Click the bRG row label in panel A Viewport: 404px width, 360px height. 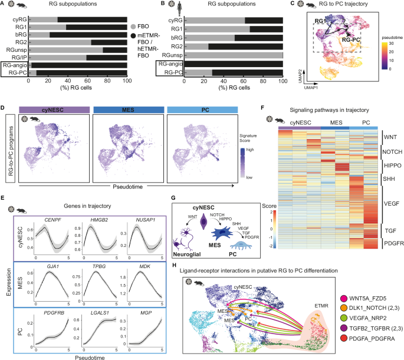19,35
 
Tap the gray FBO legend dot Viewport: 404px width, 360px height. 134,28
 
